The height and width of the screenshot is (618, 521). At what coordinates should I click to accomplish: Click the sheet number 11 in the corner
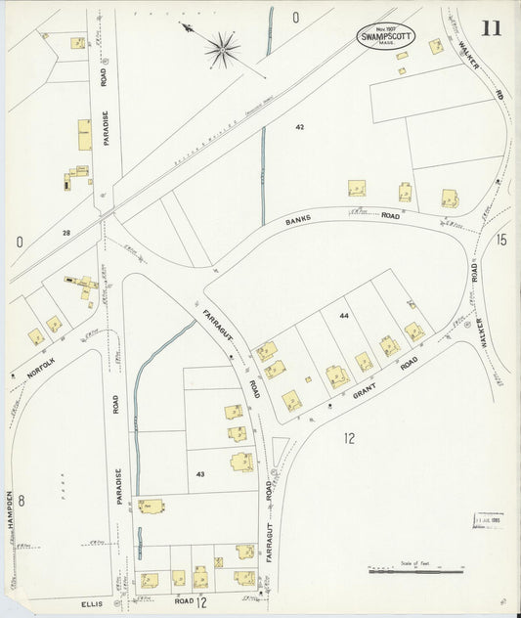(490, 27)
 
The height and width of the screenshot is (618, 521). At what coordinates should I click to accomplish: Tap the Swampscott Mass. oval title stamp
(385, 36)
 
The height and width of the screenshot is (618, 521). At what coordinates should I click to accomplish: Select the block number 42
(300, 127)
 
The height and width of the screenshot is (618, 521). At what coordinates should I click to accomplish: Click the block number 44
(343, 316)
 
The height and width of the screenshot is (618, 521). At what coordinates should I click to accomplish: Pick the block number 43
(200, 474)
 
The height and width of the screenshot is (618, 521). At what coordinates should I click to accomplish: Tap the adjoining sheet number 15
(501, 240)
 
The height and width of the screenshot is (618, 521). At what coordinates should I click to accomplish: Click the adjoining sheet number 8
(20, 502)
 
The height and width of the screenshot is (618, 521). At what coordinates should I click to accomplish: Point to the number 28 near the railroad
(66, 233)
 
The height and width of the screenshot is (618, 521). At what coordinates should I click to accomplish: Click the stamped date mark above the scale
(489, 519)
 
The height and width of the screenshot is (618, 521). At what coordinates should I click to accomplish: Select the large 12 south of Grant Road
(349, 438)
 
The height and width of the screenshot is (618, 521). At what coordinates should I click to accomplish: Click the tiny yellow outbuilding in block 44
(308, 378)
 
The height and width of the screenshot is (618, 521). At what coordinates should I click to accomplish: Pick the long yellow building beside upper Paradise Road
(85, 135)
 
